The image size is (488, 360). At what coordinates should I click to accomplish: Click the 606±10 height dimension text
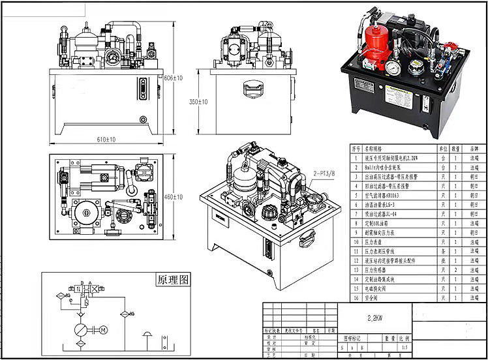[x=173, y=78]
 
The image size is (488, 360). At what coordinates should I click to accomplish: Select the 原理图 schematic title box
[x=172, y=280]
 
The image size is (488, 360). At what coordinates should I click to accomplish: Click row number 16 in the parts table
[x=356, y=297]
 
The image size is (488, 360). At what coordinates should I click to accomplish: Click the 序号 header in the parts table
[x=356, y=149]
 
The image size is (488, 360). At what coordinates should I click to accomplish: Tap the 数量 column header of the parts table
[x=456, y=149]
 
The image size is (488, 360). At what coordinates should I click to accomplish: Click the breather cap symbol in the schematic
[x=149, y=337]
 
